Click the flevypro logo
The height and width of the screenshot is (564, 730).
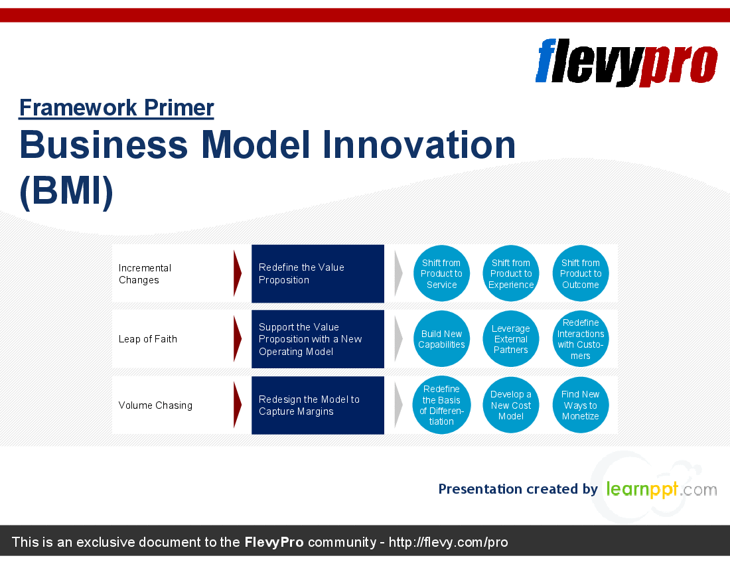(x=626, y=62)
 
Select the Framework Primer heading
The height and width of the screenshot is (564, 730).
(x=116, y=108)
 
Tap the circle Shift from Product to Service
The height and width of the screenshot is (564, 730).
(x=441, y=273)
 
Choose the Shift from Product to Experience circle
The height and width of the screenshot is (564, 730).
(x=511, y=273)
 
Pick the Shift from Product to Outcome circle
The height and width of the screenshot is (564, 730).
(x=581, y=273)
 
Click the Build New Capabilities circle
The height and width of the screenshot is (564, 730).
(x=441, y=339)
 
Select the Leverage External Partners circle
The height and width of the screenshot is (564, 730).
(x=511, y=339)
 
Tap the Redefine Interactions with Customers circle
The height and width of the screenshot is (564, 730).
(x=581, y=339)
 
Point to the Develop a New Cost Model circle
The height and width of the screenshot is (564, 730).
(x=511, y=405)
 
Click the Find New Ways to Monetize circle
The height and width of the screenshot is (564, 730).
(x=581, y=405)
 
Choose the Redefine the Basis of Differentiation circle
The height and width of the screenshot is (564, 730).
(x=441, y=405)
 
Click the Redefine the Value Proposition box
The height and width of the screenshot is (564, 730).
(x=318, y=273)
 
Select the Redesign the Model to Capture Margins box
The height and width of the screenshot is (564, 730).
(x=318, y=405)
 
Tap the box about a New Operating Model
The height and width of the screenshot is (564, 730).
(x=318, y=339)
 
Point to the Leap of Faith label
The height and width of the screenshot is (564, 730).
(x=147, y=339)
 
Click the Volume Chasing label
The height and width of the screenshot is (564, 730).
(x=155, y=405)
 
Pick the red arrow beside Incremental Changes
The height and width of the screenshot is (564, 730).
(x=238, y=273)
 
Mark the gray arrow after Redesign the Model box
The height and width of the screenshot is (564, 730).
(x=399, y=405)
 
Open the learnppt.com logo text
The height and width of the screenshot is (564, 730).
(x=662, y=489)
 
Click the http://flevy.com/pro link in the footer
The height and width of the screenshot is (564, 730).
(x=448, y=542)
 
